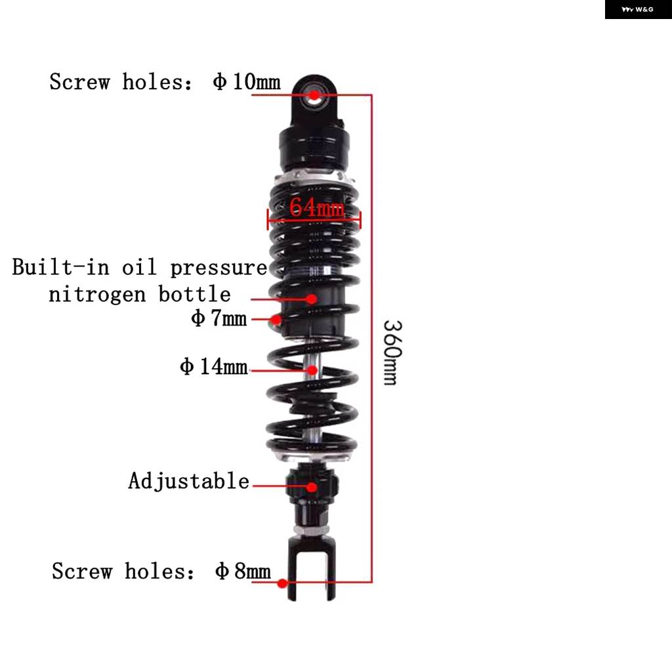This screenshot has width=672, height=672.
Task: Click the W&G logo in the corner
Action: pos(638,9)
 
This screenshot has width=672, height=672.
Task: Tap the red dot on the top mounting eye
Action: pos(314,95)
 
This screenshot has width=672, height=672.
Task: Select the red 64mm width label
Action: pos(316,207)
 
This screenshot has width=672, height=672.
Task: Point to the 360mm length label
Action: pos(392,352)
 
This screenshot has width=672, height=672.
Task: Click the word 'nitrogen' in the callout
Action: pos(97,295)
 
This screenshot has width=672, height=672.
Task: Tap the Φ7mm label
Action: pos(219,318)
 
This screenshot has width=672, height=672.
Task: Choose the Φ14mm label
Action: pos(214,366)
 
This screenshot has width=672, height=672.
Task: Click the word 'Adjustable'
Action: pos(188,481)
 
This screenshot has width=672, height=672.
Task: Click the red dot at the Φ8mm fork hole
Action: pos(282,583)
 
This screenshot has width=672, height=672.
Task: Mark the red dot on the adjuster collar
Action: pos(312,487)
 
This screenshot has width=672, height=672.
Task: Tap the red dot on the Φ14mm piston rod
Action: pos(313,370)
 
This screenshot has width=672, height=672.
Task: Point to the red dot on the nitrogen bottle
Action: pos(312,299)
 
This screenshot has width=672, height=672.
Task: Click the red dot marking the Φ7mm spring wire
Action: pos(276,320)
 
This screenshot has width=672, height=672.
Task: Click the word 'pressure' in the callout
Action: pos(219,268)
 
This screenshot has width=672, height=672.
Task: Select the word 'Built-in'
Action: pos(60,266)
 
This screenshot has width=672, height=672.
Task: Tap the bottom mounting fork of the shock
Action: pos(312,568)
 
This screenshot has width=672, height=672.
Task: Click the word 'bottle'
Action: pos(194,294)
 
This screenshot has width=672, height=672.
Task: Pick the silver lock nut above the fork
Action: pos(312,531)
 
